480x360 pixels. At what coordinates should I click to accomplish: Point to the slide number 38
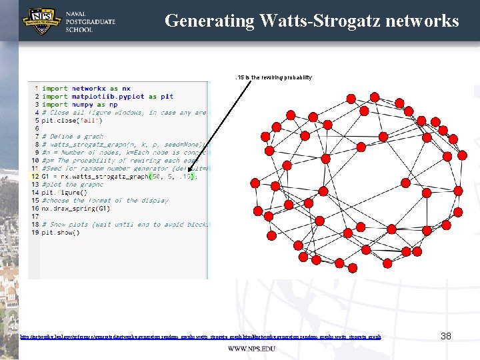(446, 337)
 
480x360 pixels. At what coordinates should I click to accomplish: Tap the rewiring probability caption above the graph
(274, 77)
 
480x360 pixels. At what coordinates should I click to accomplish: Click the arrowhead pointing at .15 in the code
(191, 175)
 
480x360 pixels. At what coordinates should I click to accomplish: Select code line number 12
(34, 177)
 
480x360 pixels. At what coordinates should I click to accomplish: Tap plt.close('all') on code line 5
(69, 121)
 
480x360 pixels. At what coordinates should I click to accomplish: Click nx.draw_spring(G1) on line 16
(81, 209)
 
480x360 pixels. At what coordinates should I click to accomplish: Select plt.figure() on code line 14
(64, 193)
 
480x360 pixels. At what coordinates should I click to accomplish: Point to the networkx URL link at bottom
(201, 337)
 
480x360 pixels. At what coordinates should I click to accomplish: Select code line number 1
(36, 89)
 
